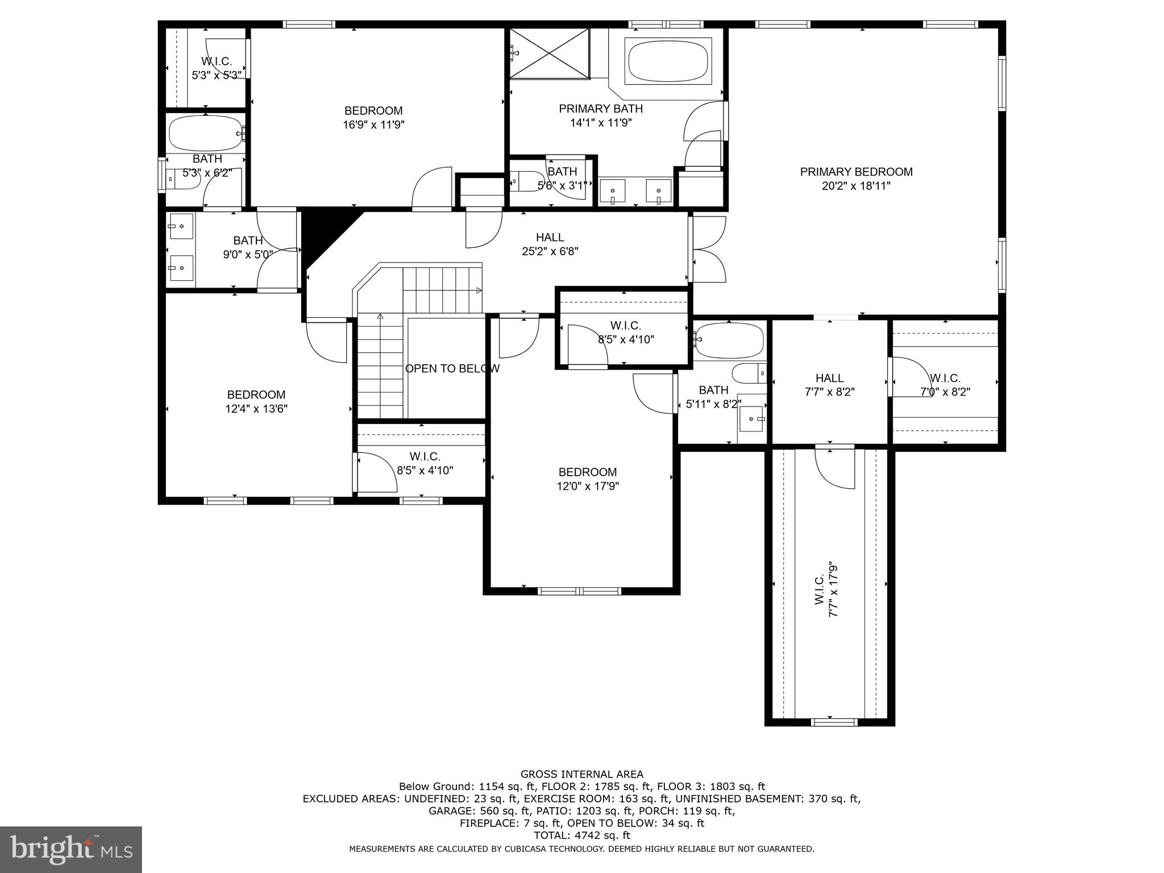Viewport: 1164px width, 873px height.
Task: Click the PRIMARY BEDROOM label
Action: (x=856, y=172)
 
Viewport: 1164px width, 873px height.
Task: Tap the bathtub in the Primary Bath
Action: (x=668, y=61)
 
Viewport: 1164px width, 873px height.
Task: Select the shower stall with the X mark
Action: (x=549, y=53)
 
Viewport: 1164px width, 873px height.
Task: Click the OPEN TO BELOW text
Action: (x=452, y=368)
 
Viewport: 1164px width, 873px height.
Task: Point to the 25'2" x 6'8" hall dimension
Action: (x=550, y=251)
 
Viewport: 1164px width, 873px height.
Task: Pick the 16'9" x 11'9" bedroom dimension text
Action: (x=373, y=125)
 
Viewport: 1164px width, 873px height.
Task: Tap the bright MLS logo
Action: (x=70, y=849)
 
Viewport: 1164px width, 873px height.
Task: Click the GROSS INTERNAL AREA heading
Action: (x=581, y=774)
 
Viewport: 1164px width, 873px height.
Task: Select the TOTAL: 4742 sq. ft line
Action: (x=581, y=835)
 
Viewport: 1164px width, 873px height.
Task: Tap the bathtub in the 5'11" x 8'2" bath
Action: (x=729, y=340)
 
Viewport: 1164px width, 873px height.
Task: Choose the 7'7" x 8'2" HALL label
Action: (x=829, y=385)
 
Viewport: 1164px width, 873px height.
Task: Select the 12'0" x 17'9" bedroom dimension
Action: (x=587, y=486)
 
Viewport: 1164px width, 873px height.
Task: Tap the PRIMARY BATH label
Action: (x=601, y=109)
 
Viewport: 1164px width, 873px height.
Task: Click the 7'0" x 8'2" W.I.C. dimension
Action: (x=945, y=392)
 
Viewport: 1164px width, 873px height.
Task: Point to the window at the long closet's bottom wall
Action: (x=834, y=722)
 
